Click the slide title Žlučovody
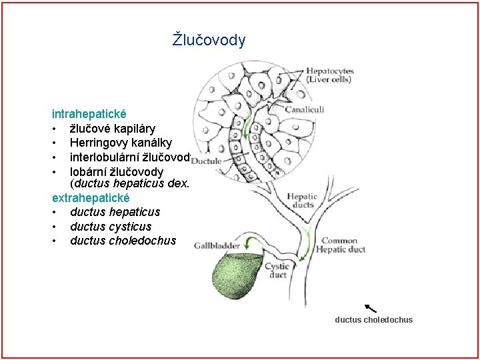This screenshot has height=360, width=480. tap(209, 40)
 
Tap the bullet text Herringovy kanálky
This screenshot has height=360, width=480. tap(121, 143)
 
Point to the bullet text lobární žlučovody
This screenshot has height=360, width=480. tap(116, 171)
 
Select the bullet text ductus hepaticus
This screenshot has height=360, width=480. tap(115, 212)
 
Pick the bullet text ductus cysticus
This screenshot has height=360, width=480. tap(110, 227)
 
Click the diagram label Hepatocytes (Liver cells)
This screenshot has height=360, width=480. tap(329, 75)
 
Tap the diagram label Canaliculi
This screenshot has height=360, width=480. tap(305, 109)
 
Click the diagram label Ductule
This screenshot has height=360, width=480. tap(207, 161)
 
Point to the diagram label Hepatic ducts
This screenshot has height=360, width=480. tap(302, 200)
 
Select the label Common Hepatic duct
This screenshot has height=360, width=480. tap(343, 245)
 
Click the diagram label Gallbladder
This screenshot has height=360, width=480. tap(217, 245)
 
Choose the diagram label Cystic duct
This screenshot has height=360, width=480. tap(277, 270)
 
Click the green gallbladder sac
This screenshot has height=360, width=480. tap(237, 279)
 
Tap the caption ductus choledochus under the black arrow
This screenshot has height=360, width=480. tap(373, 320)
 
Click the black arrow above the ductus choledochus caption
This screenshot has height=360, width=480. tap(371, 308)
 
